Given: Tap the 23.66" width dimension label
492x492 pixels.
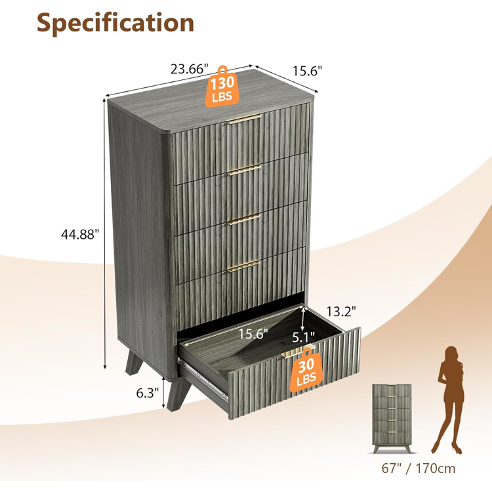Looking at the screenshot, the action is tap(189, 69).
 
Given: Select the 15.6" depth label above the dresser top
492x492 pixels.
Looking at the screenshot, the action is tap(307, 71).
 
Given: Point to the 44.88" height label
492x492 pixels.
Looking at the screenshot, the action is tap(80, 234).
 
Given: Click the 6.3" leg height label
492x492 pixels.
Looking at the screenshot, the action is tap(148, 392).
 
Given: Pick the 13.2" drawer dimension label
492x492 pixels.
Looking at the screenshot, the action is tap(341, 312).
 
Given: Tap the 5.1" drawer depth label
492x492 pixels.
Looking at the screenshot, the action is tap(304, 338).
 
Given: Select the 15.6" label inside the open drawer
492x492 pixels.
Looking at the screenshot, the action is tap(253, 333).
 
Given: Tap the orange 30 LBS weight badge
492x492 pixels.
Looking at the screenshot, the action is tap(306, 371).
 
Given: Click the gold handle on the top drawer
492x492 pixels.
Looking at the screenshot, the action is tap(245, 119).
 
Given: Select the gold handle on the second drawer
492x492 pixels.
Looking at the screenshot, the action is tap(244, 170).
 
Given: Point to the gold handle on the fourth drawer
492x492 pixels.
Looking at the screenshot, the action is tap(243, 266).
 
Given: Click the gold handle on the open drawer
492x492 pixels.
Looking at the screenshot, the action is tap(297, 351).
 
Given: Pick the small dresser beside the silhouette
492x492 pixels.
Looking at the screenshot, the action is tap(392, 418).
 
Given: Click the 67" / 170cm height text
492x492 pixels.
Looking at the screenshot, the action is tap(419, 468).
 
